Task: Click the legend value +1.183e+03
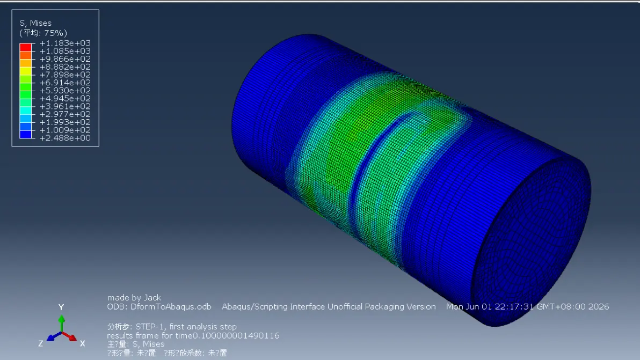click(x=65, y=43)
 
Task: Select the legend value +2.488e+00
click(x=65, y=138)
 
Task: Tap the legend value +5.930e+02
click(x=65, y=91)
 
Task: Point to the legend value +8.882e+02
click(x=65, y=67)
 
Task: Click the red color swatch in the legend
click(x=25, y=47)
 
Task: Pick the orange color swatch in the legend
click(x=25, y=55)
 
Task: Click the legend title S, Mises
click(x=35, y=23)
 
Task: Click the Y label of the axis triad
click(x=61, y=307)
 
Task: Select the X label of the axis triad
click(x=83, y=344)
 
